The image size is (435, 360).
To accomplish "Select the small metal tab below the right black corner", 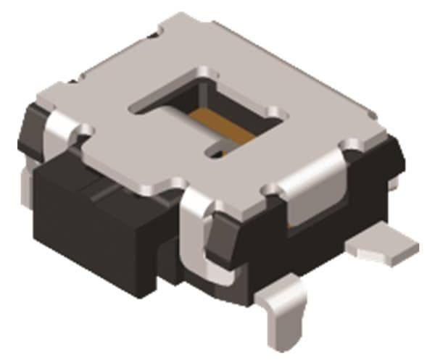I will click(392, 185).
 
